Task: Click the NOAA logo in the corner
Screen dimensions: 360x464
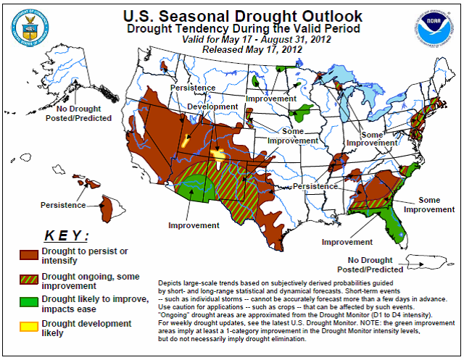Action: pos(437,28)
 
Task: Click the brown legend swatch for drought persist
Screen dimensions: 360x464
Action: pos(29,254)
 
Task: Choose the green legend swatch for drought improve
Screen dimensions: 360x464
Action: pos(29,301)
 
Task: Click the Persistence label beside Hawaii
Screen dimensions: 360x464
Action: pos(63,204)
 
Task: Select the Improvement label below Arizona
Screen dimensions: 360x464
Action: pos(194,225)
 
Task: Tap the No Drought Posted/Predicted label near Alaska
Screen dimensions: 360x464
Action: pos(84,113)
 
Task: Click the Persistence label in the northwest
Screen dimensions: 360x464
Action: pos(193,88)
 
